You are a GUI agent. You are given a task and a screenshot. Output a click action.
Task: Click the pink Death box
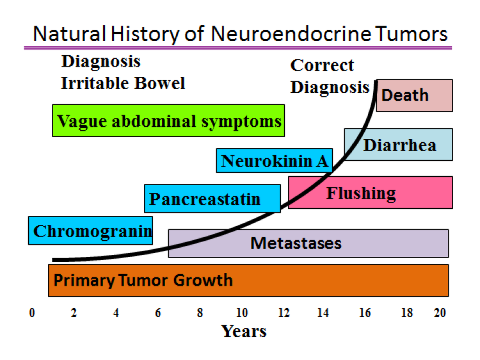[x=414, y=95]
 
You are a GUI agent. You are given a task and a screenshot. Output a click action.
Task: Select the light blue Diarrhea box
[x=398, y=144]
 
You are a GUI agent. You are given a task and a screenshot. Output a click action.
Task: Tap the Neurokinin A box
[x=275, y=161]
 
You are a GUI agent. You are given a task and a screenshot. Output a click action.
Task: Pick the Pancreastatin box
[x=212, y=199]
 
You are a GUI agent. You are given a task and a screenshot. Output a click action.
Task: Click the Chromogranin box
[x=90, y=231]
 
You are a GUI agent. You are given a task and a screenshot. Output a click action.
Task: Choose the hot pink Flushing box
[x=371, y=192]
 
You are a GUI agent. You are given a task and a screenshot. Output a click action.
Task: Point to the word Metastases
[x=296, y=243]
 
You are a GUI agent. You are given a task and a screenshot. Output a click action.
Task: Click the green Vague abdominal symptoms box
[x=168, y=120]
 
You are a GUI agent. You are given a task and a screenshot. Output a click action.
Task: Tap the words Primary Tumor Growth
[x=143, y=280]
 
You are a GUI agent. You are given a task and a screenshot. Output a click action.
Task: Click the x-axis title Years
[x=244, y=331]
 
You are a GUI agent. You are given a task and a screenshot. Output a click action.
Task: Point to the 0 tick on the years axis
[x=32, y=313]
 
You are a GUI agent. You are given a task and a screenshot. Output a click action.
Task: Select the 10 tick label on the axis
[x=242, y=313]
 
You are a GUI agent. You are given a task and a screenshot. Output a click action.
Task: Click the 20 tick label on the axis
[x=440, y=313]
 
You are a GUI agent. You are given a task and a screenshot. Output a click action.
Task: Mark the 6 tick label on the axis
[x=157, y=313]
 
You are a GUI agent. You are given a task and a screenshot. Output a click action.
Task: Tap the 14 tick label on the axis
[x=323, y=313]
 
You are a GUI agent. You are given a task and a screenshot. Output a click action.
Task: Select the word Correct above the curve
[x=322, y=65]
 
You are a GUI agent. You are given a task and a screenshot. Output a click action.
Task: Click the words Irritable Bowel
[x=123, y=83]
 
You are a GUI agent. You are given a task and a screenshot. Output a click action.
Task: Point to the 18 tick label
[x=407, y=313]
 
